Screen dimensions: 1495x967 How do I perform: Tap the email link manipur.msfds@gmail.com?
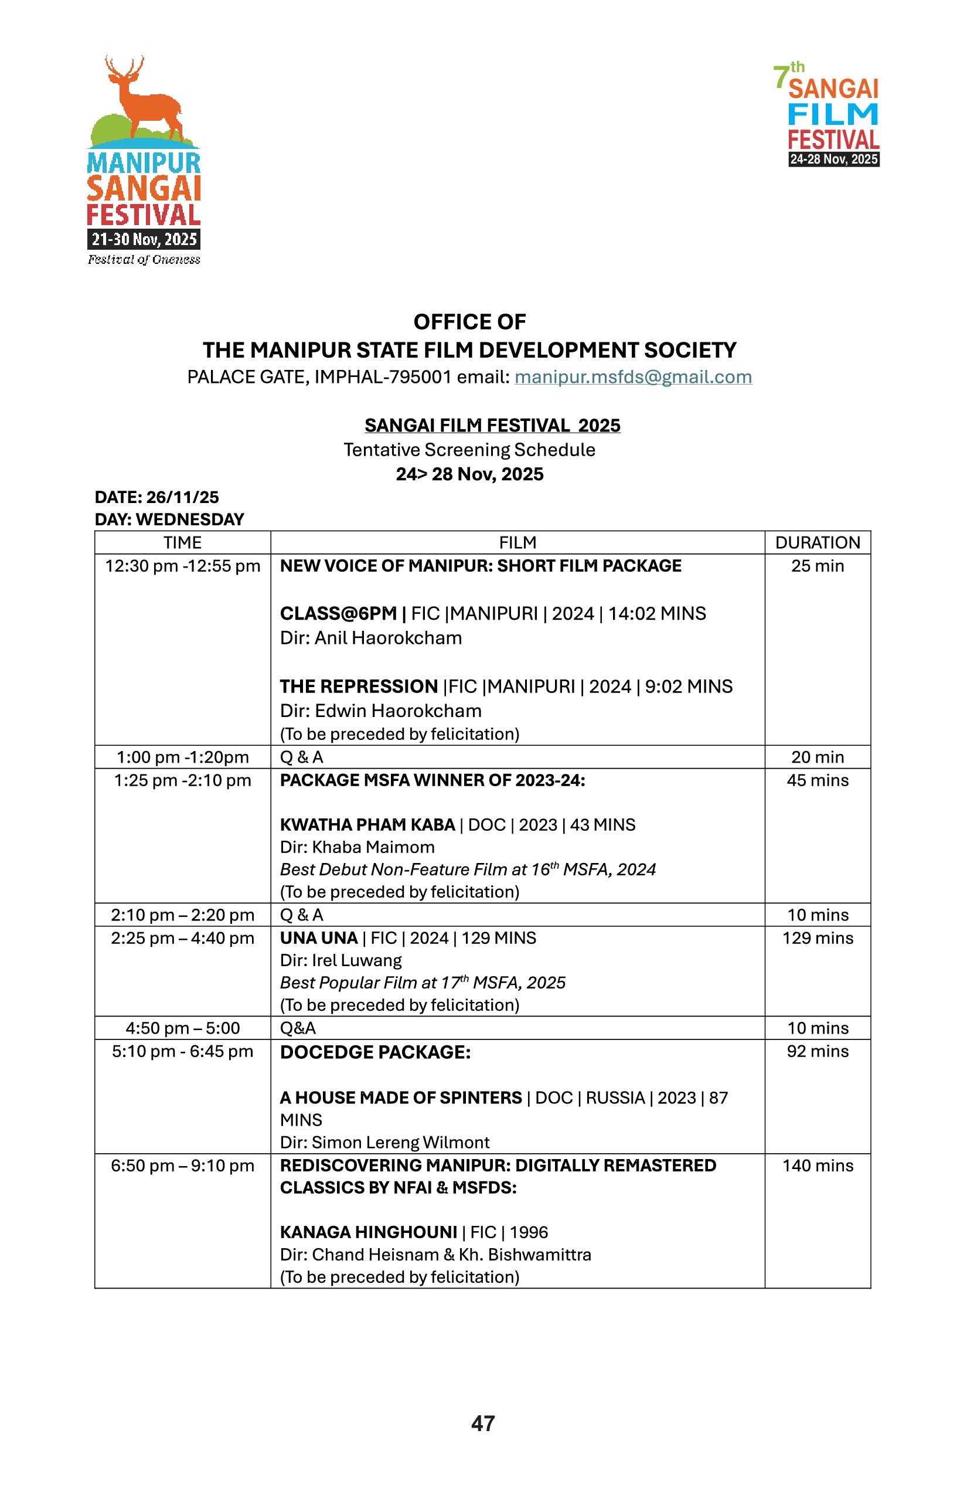[633, 377]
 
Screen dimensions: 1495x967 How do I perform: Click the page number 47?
[483, 1423]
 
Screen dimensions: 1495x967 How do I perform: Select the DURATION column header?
[818, 543]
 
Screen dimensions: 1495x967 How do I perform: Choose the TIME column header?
[182, 543]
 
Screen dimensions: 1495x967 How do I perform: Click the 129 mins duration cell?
[818, 939]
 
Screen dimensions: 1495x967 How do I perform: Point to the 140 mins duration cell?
[818, 1166]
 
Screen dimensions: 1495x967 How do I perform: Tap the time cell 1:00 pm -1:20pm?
[182, 757]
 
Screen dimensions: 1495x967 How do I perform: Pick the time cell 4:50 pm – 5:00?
[182, 1028]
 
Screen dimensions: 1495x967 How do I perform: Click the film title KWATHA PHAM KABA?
[367, 825]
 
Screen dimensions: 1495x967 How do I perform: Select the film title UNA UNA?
[318, 939]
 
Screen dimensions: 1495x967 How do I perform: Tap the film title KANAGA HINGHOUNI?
[369, 1232]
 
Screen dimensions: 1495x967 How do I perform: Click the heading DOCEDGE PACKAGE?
[375, 1053]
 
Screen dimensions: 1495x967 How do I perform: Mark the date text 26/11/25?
[183, 498]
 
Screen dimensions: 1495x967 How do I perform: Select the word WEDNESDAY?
[190, 519]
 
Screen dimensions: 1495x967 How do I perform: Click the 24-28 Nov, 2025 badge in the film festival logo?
[833, 159]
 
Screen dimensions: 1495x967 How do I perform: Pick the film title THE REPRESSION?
[359, 687]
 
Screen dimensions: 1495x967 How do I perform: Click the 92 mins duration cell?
[818, 1052]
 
